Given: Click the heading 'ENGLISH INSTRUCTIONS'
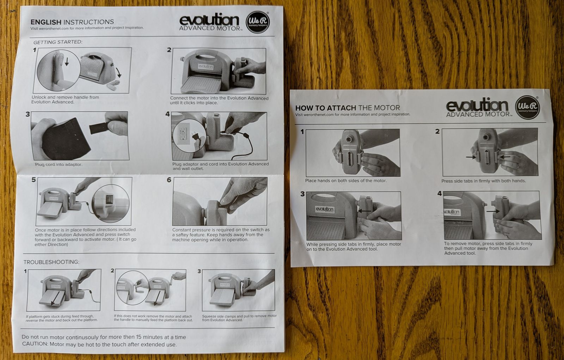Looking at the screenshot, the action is [x=72, y=22].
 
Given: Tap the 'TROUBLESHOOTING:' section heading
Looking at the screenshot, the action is [x=51, y=262].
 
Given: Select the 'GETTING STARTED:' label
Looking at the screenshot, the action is [x=58, y=42].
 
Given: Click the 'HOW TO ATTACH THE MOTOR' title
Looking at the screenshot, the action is [x=348, y=108].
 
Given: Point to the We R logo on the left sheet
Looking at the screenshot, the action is [x=257, y=22].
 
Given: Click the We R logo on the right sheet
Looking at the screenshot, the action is [x=527, y=107].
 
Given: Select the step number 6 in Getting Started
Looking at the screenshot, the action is [x=169, y=180].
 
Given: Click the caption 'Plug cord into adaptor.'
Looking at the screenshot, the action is [x=59, y=165].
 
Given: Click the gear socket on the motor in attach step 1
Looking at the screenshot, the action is [x=350, y=139].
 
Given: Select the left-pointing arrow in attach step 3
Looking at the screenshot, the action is [x=364, y=210].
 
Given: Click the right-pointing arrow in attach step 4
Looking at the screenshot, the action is [x=493, y=211].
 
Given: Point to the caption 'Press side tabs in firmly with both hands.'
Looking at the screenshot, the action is [x=483, y=181].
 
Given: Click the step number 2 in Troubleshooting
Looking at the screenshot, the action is [x=112, y=270].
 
